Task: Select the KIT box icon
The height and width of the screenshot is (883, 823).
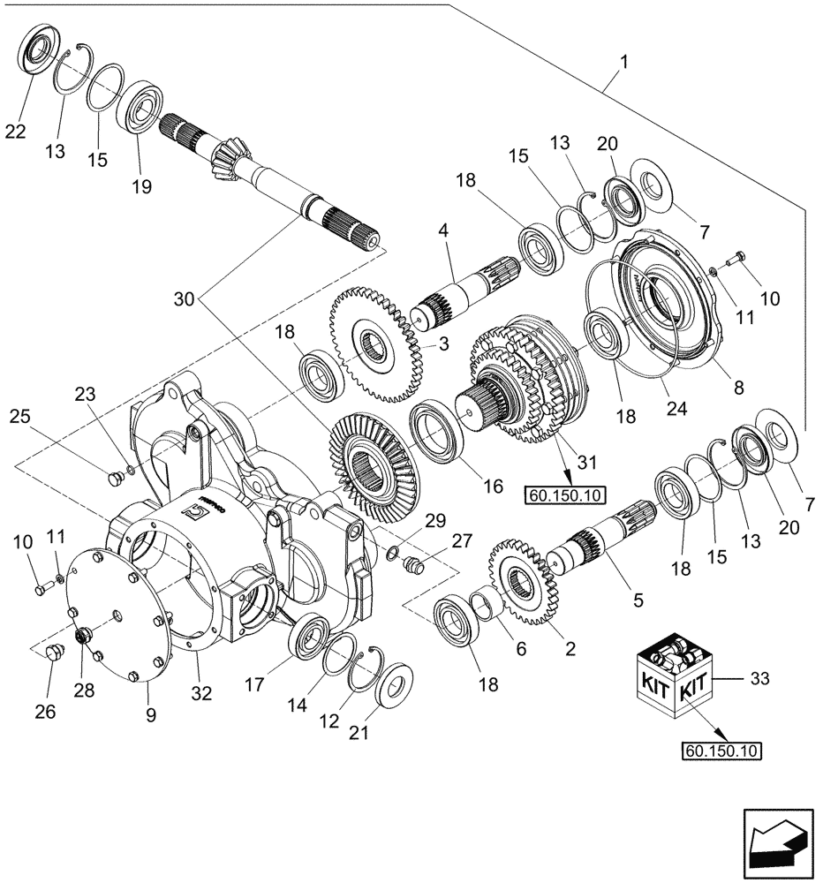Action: click(676, 680)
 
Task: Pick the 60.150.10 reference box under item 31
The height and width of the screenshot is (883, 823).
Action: click(565, 495)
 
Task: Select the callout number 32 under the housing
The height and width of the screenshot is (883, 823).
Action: click(202, 694)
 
